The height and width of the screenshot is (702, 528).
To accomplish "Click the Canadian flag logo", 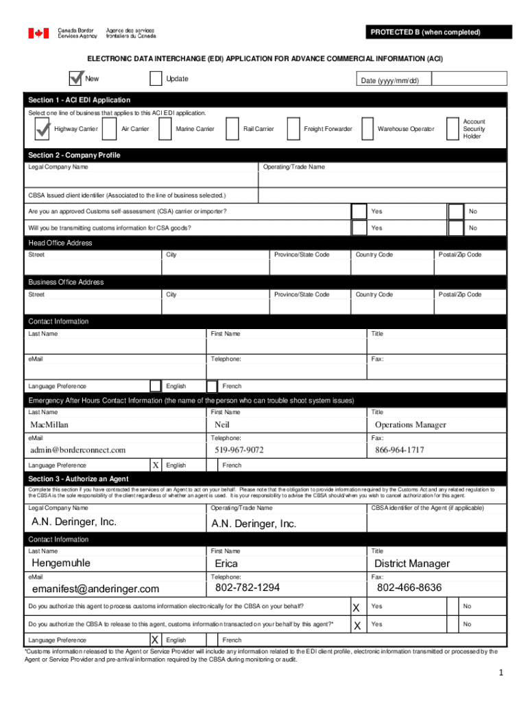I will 38,33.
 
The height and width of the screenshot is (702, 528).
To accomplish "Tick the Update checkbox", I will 156,79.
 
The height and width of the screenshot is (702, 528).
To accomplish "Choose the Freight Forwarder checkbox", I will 293,129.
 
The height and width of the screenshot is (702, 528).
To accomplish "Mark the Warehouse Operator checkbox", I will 367,129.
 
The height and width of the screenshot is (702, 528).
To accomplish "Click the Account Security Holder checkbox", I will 452,129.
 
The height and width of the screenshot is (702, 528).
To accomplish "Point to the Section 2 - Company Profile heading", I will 74,155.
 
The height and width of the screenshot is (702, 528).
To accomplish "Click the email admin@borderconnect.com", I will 77,450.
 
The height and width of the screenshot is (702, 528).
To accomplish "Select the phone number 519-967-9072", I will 239,450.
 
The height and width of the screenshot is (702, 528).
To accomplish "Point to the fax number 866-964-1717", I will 400,450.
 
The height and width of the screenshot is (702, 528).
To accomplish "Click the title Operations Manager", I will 410,425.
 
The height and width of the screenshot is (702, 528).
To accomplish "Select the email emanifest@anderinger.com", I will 95,589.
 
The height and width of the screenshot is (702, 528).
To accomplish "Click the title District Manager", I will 412,564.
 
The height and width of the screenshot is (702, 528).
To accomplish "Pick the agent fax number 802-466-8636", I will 409,588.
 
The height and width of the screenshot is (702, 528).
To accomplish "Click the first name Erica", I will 226,564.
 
